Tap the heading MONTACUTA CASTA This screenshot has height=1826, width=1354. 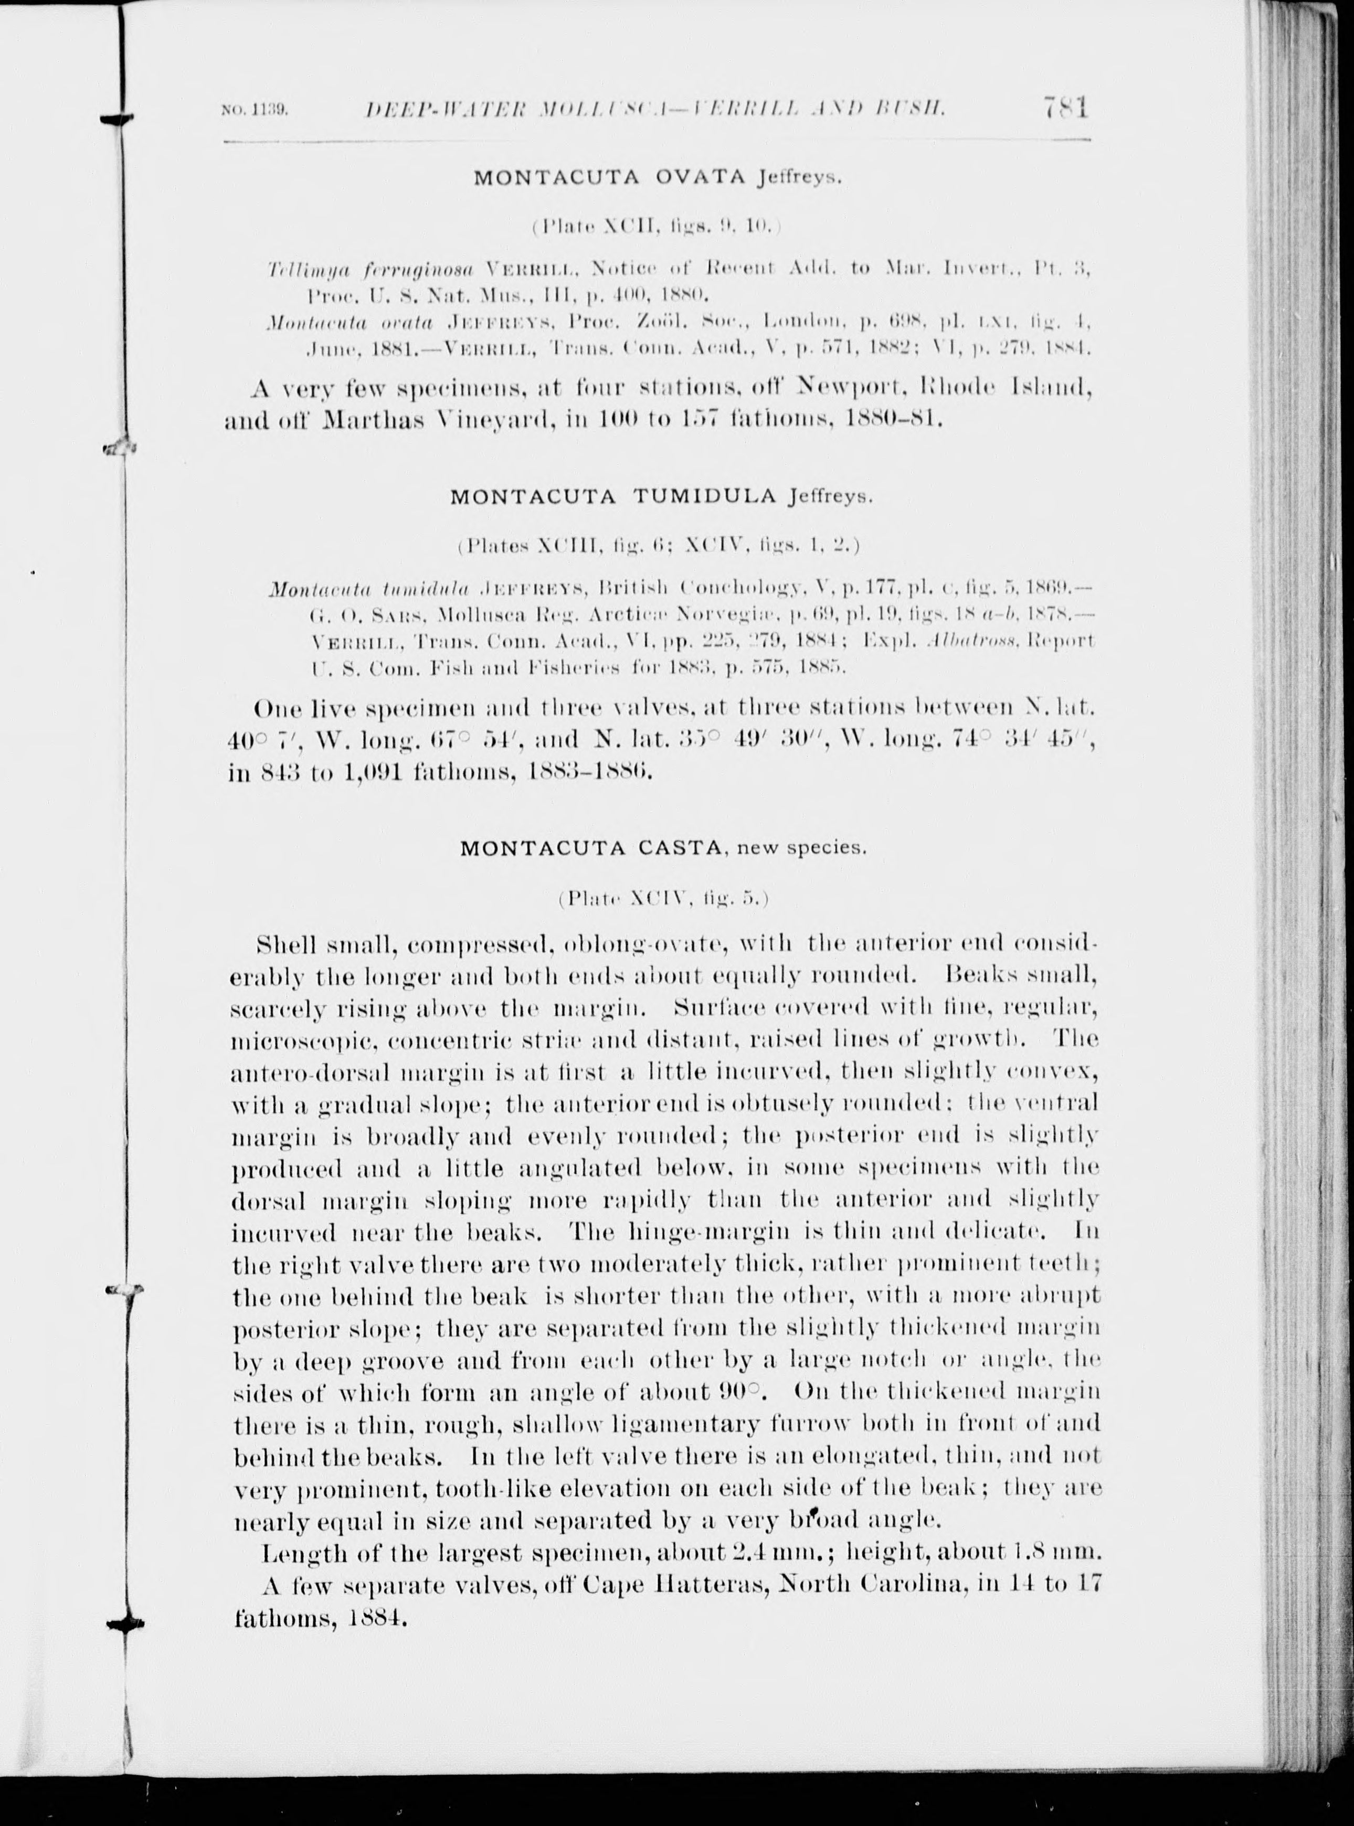(589, 848)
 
